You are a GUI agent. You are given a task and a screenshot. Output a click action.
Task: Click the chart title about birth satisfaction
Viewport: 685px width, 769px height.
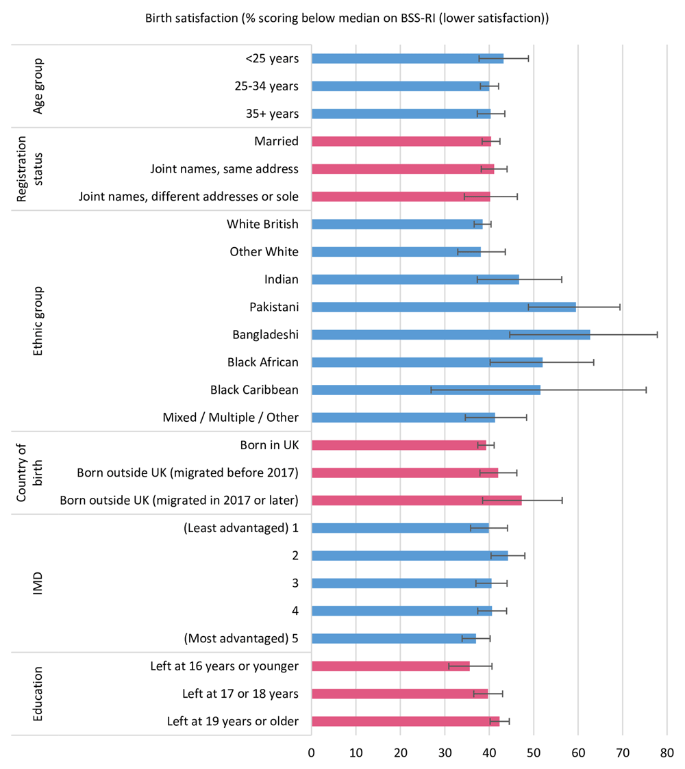(x=347, y=18)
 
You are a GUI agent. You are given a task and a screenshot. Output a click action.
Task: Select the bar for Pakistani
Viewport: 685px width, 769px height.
(x=443, y=307)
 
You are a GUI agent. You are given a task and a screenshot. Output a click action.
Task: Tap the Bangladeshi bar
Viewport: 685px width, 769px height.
(x=451, y=334)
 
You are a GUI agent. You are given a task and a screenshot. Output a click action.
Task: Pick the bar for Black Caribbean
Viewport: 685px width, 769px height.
(x=425, y=390)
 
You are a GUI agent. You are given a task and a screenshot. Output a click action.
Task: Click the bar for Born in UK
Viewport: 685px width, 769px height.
(x=399, y=445)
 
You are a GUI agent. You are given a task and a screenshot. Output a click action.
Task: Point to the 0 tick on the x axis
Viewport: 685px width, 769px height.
(x=312, y=753)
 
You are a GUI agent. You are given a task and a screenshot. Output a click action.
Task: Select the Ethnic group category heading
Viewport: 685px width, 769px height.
(x=38, y=320)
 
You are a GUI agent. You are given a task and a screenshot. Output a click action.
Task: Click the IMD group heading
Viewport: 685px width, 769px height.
(x=38, y=583)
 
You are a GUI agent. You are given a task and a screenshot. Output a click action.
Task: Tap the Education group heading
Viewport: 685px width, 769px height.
(x=38, y=693)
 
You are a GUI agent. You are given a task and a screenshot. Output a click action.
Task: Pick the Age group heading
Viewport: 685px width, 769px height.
(x=38, y=86)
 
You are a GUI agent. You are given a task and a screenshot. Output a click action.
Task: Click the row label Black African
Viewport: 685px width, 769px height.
(x=263, y=362)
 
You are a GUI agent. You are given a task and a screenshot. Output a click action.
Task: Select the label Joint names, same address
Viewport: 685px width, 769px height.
(x=224, y=168)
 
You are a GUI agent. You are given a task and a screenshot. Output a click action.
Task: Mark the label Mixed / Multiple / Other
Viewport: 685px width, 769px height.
(x=231, y=417)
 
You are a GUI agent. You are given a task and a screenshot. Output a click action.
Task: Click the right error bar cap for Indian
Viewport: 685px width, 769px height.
(x=562, y=279)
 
